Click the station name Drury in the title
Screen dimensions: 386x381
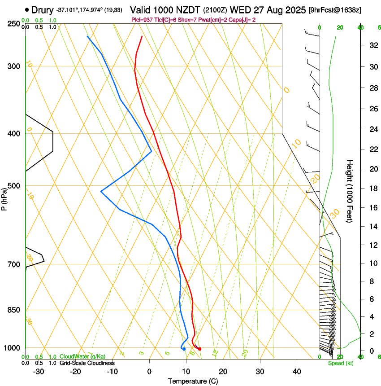[43, 9]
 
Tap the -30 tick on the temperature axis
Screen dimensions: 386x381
[39, 371]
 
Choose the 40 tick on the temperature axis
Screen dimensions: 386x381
[297, 371]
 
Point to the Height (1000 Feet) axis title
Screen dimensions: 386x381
[350, 191]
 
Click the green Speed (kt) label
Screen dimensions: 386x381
[340, 363]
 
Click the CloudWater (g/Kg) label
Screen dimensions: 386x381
[82, 357]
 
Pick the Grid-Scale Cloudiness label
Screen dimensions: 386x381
[87, 363]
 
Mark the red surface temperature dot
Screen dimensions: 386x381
[199, 349]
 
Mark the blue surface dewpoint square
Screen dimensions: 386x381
[184, 349]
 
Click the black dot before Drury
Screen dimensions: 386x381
[27, 9]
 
